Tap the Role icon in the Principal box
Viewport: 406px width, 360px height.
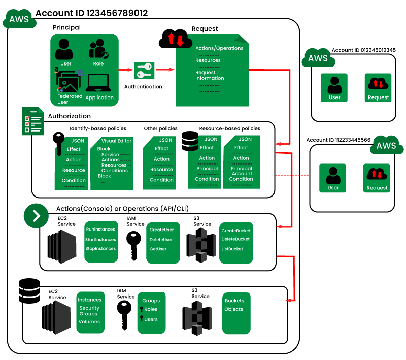pyautogui.click(x=98, y=49)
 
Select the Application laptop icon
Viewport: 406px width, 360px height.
pyautogui.click(x=99, y=83)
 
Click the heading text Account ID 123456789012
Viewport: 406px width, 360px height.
pyautogui.click(x=92, y=13)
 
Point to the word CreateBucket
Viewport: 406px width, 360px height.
pyautogui.click(x=235, y=231)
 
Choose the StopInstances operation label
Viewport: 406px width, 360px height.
pyautogui.click(x=100, y=249)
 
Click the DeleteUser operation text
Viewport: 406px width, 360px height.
pyautogui.click(x=161, y=240)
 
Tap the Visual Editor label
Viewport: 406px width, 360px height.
pyautogui.click(x=116, y=141)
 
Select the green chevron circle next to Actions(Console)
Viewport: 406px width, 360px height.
pyautogui.click(x=36, y=215)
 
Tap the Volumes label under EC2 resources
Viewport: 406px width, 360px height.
pyautogui.click(x=89, y=322)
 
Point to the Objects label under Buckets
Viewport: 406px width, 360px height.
pyautogui.click(x=233, y=309)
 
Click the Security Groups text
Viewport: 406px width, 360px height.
pyautogui.click(x=89, y=311)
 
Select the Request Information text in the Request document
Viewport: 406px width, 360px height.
pyautogui.click(x=210, y=75)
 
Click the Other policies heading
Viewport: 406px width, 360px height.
pyautogui.click(x=160, y=128)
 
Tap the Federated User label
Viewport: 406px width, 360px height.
pyautogui.click(x=70, y=99)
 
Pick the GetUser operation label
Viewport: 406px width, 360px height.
pyautogui.click(x=158, y=249)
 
